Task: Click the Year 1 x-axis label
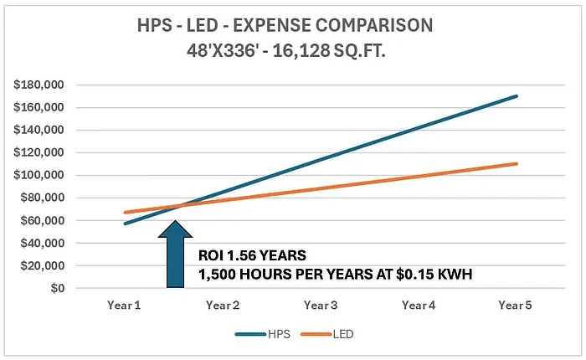click(x=124, y=306)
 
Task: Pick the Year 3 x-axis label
click(x=321, y=306)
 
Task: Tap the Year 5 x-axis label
click(x=517, y=306)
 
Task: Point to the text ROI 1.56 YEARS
click(x=251, y=255)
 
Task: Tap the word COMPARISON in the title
click(x=368, y=25)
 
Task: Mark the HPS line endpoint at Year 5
click(x=517, y=96)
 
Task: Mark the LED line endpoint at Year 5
click(x=517, y=163)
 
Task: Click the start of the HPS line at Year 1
click(x=124, y=224)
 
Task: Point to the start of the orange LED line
click(x=124, y=213)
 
